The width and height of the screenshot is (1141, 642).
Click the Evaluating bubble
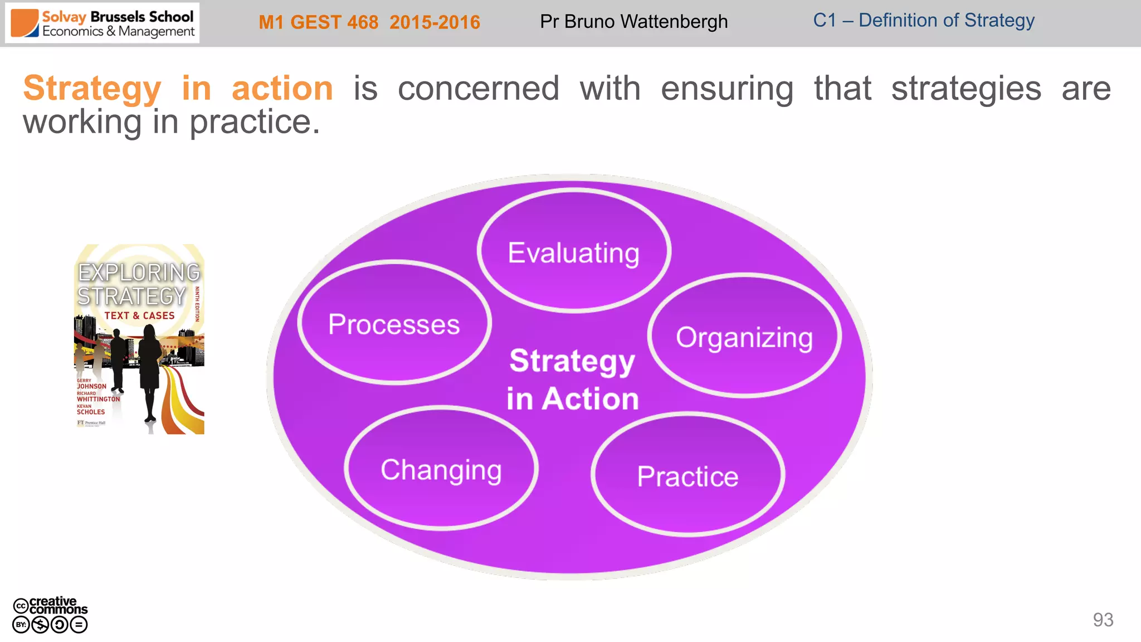574,252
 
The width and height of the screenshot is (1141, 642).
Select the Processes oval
394,324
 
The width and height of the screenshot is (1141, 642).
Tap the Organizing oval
744,337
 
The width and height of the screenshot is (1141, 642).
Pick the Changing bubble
441,469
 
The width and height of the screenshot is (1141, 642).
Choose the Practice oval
687,476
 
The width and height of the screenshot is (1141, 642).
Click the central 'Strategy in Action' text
572,380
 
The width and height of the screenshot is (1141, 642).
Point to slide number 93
1103,620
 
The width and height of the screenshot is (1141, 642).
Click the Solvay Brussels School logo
103,23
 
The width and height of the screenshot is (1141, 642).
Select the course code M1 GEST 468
318,22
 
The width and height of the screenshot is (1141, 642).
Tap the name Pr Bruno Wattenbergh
633,22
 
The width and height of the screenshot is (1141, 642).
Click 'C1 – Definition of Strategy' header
923,21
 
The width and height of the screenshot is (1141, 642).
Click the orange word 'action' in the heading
282,89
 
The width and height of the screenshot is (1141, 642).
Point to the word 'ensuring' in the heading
726,89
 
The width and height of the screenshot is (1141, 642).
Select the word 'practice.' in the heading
255,122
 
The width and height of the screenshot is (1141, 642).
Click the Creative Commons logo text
57,605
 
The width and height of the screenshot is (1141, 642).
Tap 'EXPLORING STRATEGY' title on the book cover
138,284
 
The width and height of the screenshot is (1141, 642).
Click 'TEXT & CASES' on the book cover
139,315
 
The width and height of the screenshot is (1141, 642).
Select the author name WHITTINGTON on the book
98,399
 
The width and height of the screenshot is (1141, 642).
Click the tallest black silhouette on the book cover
149,368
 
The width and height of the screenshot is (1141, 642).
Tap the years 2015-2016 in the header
435,22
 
